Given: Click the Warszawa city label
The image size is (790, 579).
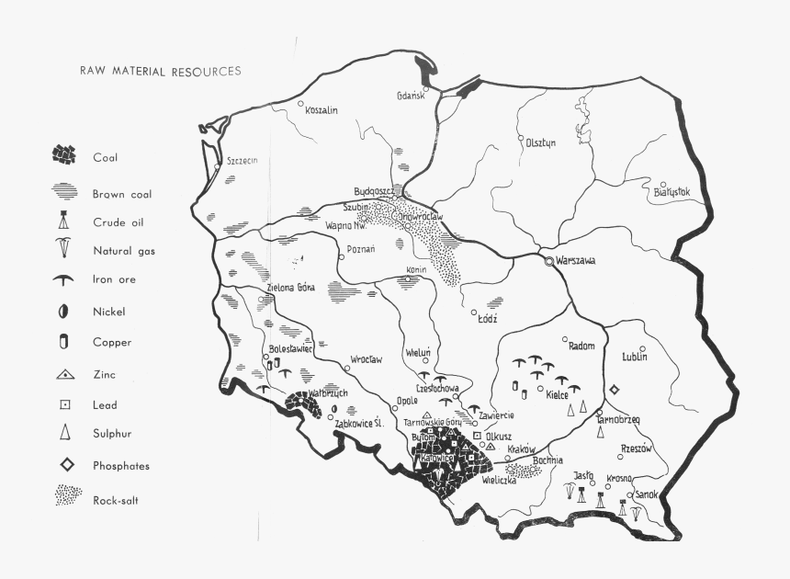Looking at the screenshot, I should pyautogui.click(x=576, y=261).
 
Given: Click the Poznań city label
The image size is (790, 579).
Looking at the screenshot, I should pyautogui.click(x=361, y=249).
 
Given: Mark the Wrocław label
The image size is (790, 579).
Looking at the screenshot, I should pyautogui.click(x=367, y=358).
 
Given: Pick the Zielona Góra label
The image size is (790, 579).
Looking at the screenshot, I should pyautogui.click(x=290, y=287).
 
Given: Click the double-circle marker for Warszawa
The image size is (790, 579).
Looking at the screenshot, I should pyautogui.click(x=549, y=261).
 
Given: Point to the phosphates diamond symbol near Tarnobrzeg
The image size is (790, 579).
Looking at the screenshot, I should pyautogui.click(x=615, y=390).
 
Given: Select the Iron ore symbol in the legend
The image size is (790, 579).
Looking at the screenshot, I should pyautogui.click(x=63, y=279).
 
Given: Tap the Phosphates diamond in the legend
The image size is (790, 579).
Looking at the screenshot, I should pyautogui.click(x=64, y=465).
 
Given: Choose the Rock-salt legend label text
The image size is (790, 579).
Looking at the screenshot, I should pyautogui.click(x=116, y=501).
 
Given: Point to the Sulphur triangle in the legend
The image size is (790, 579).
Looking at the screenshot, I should pyautogui.click(x=64, y=433).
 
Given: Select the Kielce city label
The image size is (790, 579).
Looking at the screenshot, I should pyautogui.click(x=557, y=394).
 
